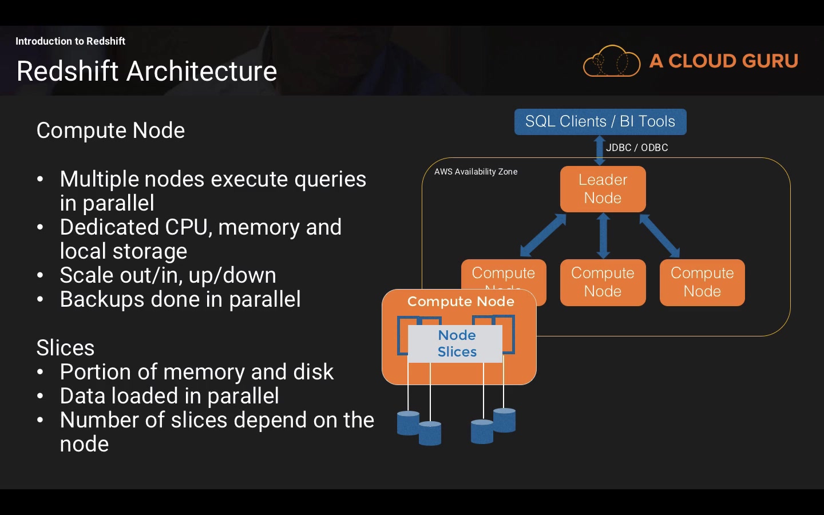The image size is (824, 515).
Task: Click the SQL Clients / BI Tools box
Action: coord(600,121)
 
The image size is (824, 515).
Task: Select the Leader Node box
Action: coord(603,189)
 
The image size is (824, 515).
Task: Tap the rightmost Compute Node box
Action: coord(702,282)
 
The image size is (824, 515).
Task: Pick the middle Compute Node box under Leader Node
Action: coord(603,282)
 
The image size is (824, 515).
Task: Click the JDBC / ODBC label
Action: coord(637,148)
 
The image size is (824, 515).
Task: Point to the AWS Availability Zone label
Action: coord(476,172)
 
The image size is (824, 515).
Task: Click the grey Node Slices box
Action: coord(457,343)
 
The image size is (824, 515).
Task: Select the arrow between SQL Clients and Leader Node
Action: coord(600,150)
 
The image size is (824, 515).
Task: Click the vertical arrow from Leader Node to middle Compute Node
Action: coord(603,235)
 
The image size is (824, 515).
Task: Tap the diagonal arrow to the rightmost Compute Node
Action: coord(659,235)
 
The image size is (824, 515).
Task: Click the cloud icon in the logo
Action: coord(611,61)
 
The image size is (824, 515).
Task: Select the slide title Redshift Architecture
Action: coord(146,72)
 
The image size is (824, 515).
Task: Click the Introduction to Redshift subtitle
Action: coord(70,41)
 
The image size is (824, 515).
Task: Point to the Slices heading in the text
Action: coord(65,348)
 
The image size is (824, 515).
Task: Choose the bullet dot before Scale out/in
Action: coord(40,275)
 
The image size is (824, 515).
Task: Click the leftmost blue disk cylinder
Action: coord(408,423)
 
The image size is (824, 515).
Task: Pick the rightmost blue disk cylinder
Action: coord(504,420)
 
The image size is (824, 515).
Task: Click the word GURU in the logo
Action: coord(766,61)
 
